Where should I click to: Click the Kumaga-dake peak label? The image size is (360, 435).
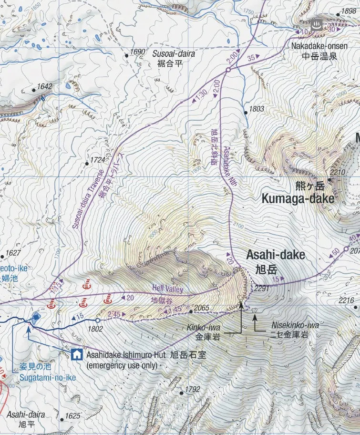298,198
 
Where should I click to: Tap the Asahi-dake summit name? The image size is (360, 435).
275,255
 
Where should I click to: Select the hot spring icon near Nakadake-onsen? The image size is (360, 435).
316,24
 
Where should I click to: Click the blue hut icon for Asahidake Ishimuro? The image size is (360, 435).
76,354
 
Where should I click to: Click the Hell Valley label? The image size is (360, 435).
167,288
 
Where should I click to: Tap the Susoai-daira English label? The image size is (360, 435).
174,54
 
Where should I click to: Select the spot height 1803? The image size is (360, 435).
256,109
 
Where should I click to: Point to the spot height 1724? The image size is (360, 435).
97,160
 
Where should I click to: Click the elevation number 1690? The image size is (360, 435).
137,52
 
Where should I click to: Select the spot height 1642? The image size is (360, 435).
44,86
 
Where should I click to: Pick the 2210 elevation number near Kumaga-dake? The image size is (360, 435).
337,173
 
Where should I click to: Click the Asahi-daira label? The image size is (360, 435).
26,414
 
